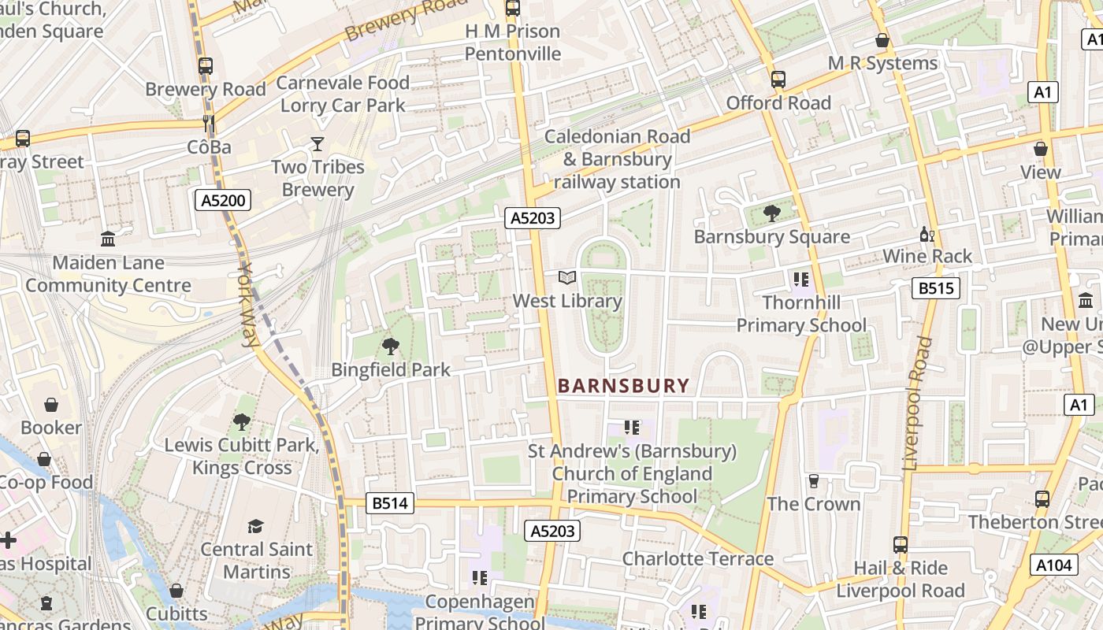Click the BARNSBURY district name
click(x=623, y=386)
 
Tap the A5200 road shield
click(x=223, y=200)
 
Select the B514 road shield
click(x=390, y=503)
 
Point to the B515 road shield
click(x=936, y=288)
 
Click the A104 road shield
click(x=1053, y=564)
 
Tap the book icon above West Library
click(x=567, y=277)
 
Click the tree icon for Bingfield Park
click(x=390, y=346)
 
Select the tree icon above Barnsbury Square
click(x=771, y=213)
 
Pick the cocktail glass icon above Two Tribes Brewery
click(x=318, y=143)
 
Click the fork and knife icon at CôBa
click(x=209, y=123)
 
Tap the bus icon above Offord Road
click(x=778, y=79)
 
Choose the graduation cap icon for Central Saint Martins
click(x=255, y=525)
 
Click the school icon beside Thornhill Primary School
click(x=801, y=279)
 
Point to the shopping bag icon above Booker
click(x=51, y=405)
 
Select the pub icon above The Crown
click(x=814, y=480)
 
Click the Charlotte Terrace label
click(x=697, y=558)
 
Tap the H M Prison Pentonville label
click(x=513, y=43)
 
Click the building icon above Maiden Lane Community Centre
click(x=108, y=239)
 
